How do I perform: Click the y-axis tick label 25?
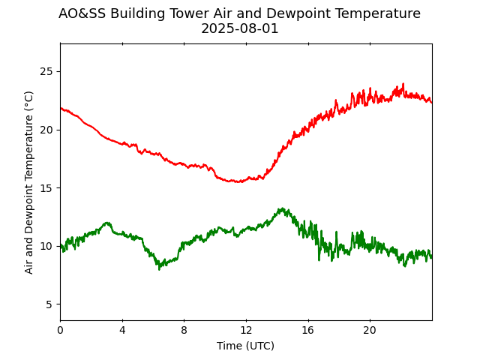[x=46, y=72]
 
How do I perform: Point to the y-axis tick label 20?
[x=46, y=130]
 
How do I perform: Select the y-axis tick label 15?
[x=46, y=188]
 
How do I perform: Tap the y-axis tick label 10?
[x=46, y=246]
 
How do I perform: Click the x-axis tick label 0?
[x=61, y=330]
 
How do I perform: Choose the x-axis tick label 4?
[x=122, y=330]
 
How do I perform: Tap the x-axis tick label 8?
[x=184, y=330]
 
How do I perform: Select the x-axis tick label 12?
[x=246, y=330]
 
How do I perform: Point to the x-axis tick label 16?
[x=307, y=330]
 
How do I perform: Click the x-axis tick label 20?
[x=370, y=330]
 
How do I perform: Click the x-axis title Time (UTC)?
[x=245, y=346]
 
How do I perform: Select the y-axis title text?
[x=29, y=182]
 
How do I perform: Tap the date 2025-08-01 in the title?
[x=240, y=29]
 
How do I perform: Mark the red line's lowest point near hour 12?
[x=239, y=181]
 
